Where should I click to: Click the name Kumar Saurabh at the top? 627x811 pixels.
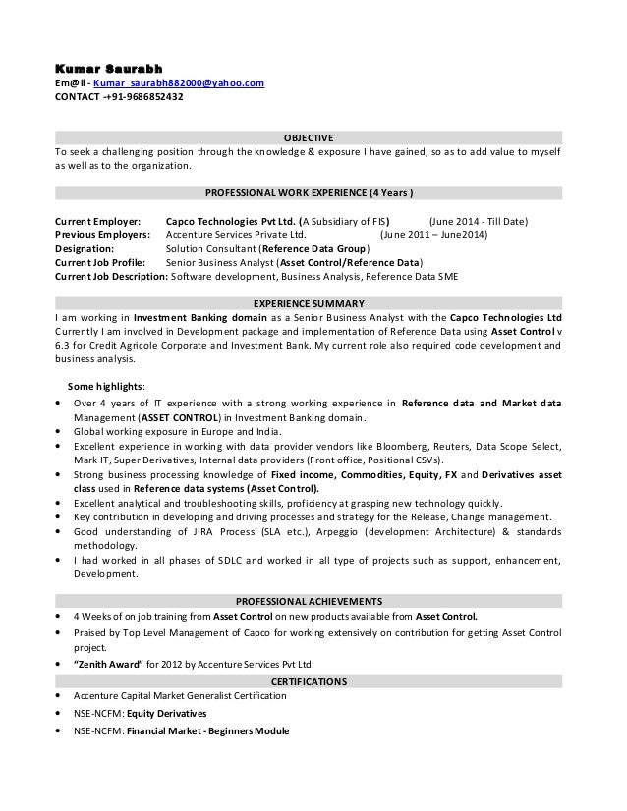coord(108,67)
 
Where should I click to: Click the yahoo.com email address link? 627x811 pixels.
coord(179,83)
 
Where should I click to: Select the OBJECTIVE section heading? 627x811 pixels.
coord(309,137)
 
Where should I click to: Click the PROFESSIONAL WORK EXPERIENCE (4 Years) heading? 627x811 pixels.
coord(308,191)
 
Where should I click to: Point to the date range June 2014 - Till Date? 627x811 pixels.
coord(479,221)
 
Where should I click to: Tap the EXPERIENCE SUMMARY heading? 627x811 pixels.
coord(309,303)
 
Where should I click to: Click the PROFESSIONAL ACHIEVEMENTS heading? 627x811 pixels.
coord(309,601)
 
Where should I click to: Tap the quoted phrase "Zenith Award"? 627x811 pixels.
coord(109,663)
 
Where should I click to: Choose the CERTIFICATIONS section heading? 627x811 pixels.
coord(309,680)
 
